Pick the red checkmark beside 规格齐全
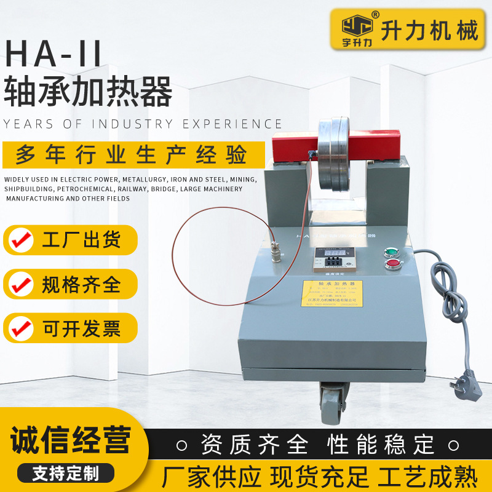click(x=22, y=284)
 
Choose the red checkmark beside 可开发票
click(x=22, y=328)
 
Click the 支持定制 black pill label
click(x=65, y=472)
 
